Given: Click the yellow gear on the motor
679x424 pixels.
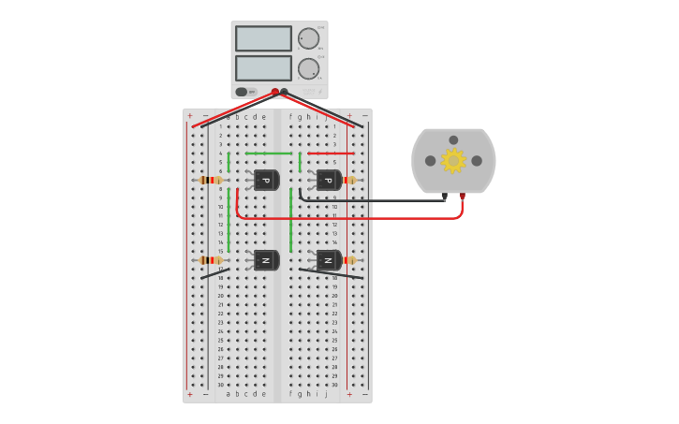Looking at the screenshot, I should point(453,161).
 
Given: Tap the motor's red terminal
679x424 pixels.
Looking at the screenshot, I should point(462,196).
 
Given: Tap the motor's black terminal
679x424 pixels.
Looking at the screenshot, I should point(444,196).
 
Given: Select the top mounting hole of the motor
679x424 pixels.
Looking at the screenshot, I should point(453,140).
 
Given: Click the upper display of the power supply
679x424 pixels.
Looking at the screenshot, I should point(263,38).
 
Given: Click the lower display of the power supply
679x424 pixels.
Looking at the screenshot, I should point(263,68).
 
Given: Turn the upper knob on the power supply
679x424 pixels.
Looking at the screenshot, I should point(308,38).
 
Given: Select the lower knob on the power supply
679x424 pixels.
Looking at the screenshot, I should point(308,68).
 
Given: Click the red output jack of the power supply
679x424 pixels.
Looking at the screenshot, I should point(274,92).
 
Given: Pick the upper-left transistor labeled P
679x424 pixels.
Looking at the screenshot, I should point(266,180).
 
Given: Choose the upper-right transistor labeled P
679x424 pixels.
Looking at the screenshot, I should point(328,180).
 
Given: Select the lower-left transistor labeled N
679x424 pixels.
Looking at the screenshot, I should point(266,260).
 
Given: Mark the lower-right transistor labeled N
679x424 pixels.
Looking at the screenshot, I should point(328,260).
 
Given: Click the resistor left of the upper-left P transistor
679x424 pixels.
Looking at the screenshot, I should point(212,180).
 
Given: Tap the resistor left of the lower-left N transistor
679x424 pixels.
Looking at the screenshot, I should point(212,260).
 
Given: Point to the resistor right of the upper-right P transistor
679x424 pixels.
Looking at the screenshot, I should point(349,180).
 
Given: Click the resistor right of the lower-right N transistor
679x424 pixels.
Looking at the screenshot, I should point(349,260).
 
